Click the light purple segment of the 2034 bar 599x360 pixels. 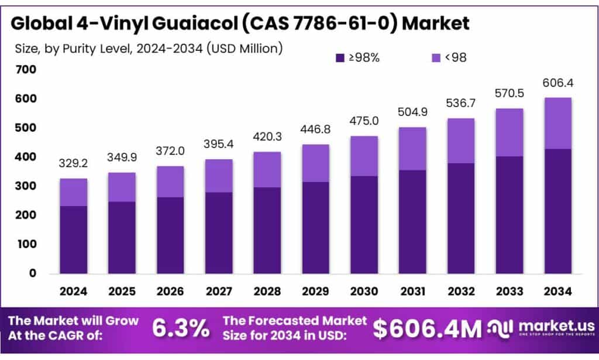click(557, 124)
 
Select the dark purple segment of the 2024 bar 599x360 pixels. click(74, 239)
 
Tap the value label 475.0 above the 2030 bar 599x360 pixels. click(364, 121)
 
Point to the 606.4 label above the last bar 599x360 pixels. click(557, 83)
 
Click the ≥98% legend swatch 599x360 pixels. click(340, 57)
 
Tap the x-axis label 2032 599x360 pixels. click(460, 291)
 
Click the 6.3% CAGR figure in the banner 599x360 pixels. click(181, 328)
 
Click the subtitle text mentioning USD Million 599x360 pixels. click(149, 48)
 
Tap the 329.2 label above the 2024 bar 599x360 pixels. click(74, 164)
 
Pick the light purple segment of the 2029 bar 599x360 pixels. click(316, 163)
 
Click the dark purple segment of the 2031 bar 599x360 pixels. click(412, 222)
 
